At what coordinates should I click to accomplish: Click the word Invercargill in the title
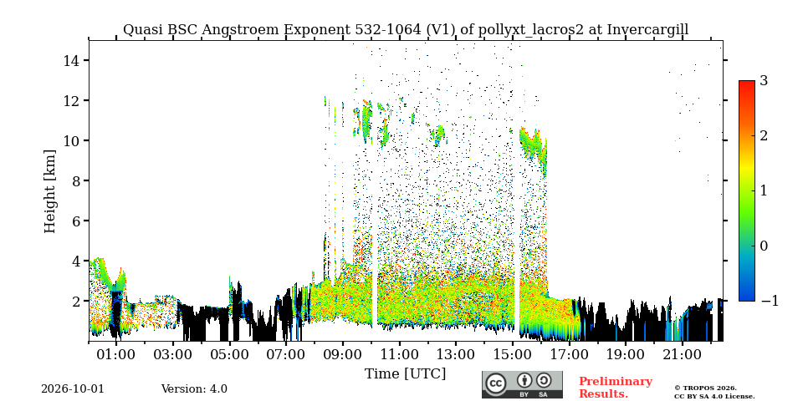click(647, 30)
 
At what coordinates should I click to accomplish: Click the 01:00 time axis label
click(116, 354)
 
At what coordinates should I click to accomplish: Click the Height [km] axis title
click(49, 191)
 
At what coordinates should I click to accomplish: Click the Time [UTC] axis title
click(405, 374)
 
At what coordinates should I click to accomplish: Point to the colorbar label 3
click(764, 81)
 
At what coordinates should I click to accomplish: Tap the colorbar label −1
click(770, 301)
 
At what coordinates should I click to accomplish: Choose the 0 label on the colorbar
click(764, 246)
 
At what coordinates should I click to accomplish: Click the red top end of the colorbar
click(747, 83)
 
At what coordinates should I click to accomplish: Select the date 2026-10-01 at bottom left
click(73, 389)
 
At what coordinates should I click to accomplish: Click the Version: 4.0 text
click(194, 389)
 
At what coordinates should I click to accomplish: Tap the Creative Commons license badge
click(522, 384)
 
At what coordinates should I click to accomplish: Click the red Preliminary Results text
click(616, 387)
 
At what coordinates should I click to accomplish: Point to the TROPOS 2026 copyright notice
click(705, 388)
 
